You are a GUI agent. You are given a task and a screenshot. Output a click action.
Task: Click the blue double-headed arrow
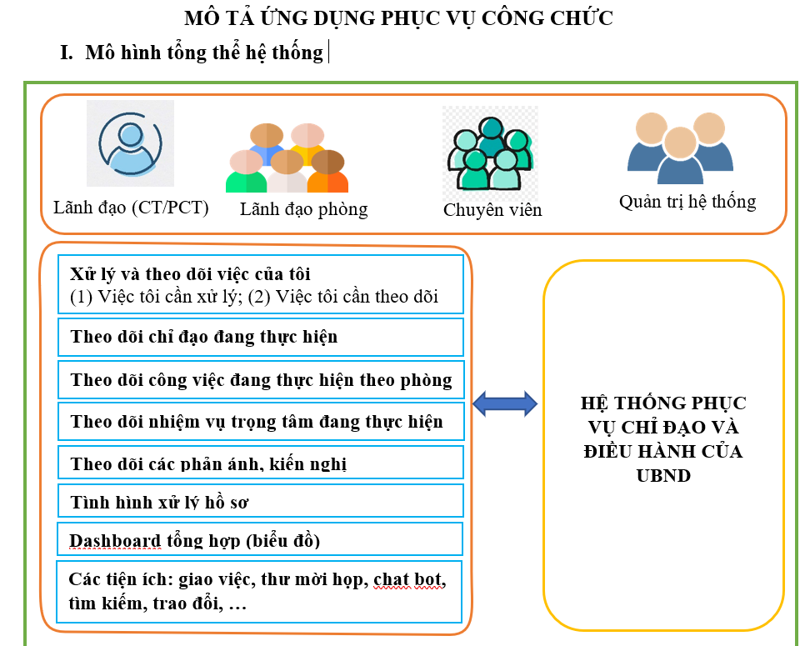[505, 404]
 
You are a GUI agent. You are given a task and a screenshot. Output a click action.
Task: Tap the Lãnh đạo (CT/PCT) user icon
[130, 143]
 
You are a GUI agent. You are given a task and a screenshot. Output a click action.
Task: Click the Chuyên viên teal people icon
[490, 150]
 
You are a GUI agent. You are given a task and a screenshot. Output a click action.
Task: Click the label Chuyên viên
[492, 210]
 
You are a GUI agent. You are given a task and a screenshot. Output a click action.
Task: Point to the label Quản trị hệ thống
[687, 202]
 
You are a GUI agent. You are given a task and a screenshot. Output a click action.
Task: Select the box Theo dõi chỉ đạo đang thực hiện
[260, 338]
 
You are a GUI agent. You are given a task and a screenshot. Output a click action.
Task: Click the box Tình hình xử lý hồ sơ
[260, 502]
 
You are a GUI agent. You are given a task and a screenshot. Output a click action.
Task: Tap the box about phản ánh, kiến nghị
[260, 463]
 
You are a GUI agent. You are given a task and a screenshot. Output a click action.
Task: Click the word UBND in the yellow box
[663, 476]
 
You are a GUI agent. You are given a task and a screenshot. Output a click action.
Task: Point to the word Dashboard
[115, 540]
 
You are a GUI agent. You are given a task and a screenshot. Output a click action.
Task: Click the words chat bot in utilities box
[409, 578]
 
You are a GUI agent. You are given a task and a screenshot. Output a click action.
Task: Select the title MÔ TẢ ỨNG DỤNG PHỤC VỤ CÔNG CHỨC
[398, 18]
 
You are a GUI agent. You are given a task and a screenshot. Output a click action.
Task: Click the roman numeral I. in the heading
[67, 53]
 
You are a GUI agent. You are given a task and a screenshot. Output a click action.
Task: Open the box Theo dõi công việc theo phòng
[260, 380]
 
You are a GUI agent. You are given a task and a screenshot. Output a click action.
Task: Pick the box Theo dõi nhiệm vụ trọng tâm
[260, 422]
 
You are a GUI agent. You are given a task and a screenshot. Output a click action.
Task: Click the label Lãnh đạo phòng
[303, 208]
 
